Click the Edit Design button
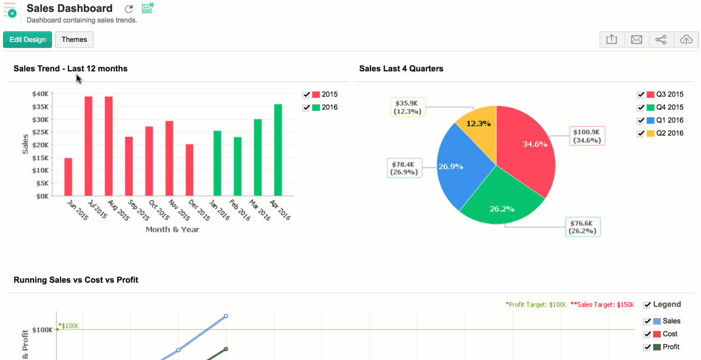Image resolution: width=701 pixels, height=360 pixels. point(28,39)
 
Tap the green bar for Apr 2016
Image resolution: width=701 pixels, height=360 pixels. point(278,150)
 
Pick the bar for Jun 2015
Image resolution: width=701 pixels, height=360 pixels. point(68,177)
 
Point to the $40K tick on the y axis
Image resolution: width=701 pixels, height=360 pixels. point(41,94)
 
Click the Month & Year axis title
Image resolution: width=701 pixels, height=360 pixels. point(172,229)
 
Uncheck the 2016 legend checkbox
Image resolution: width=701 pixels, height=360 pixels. point(306,108)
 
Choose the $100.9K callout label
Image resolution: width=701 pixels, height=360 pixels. point(587,136)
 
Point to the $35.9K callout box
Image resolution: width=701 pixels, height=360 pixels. point(408,107)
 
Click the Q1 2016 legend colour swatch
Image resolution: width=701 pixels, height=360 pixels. point(650,121)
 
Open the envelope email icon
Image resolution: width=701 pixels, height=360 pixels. point(636,39)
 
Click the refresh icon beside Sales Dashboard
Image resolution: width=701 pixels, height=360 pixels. point(129,9)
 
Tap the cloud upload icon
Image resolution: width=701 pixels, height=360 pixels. point(686,39)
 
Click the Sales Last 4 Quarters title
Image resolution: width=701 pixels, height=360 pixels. point(401,68)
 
